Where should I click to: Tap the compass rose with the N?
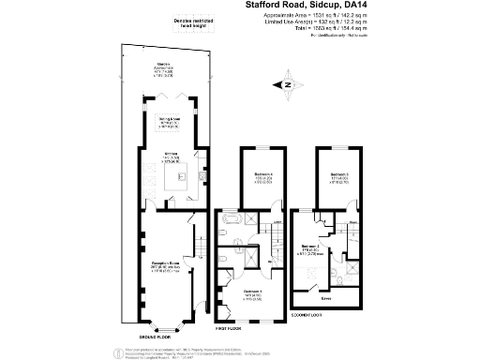(287, 86)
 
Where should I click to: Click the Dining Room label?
(168, 121)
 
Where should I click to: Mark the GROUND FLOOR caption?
(156, 335)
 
